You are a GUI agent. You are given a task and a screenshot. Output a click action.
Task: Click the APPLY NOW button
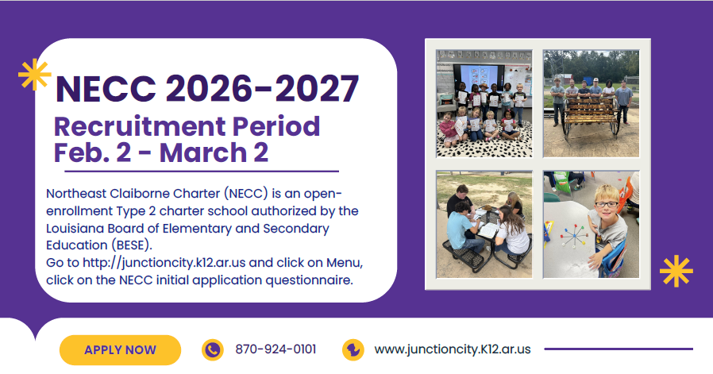[120, 349]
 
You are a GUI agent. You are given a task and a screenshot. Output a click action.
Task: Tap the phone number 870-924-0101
[276, 349]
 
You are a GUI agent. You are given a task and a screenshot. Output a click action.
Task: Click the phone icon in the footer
[212, 349]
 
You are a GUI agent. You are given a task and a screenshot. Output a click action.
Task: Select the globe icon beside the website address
[353, 349]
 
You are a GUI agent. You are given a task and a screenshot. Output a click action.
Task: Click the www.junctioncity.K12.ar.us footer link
[452, 349]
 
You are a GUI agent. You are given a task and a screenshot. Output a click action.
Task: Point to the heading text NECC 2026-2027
[206, 88]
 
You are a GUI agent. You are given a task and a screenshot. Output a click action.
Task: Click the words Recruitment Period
[187, 125]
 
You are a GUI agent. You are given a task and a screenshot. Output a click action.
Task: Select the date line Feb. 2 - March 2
[161, 152]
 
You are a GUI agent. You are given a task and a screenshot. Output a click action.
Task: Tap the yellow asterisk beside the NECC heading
[34, 74]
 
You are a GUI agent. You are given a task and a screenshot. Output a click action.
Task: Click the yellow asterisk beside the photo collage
[676, 272]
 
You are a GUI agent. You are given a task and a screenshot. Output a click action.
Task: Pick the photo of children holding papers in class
[484, 103]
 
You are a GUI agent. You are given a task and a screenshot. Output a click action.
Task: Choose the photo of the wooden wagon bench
[591, 103]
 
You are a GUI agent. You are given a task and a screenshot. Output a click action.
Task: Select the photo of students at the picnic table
[484, 224]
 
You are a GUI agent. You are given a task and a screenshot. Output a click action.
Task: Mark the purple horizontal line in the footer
[618, 349]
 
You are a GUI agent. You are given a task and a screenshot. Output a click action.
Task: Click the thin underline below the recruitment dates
[196, 171]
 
